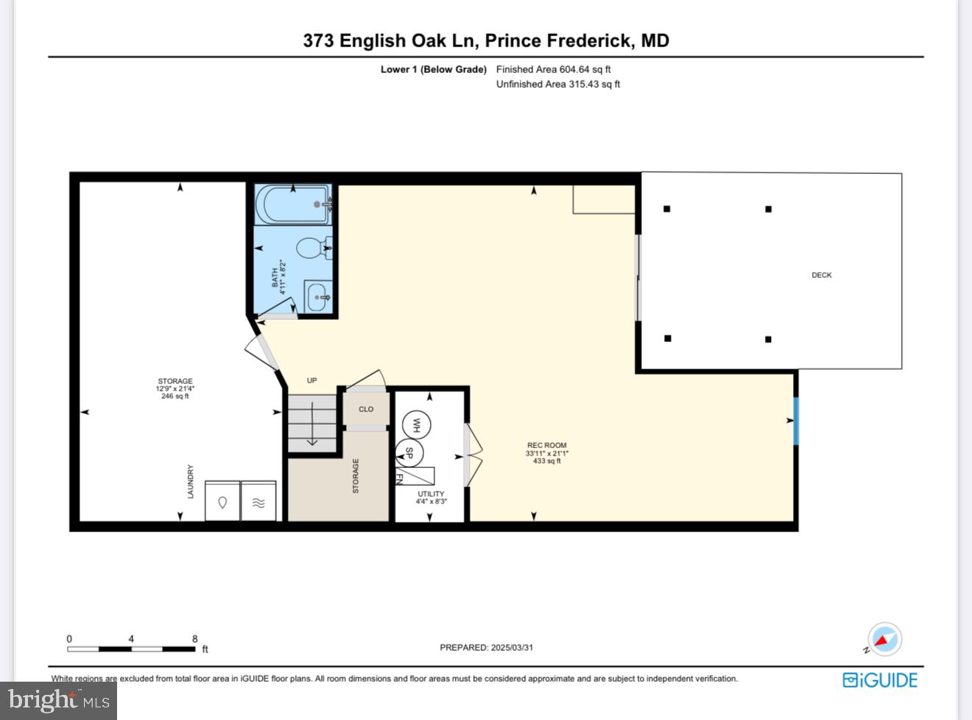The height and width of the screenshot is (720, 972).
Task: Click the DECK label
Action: [x=821, y=275]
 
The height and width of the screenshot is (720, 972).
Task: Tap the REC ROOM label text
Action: [x=546, y=445]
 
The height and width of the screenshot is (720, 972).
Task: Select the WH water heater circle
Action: [x=416, y=425]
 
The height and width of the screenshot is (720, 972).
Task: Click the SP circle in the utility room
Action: [x=409, y=453]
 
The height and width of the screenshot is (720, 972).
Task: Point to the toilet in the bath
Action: [x=313, y=248]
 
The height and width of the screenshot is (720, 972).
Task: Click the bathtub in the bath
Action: [x=292, y=204]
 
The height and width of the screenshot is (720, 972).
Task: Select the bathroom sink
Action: [x=318, y=298]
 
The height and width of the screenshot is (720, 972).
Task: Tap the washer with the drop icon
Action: [x=222, y=502]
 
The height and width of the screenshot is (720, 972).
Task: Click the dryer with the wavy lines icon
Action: [x=258, y=502]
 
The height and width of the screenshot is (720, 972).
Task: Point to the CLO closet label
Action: [x=366, y=409]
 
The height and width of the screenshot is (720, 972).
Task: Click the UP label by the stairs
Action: [x=311, y=380]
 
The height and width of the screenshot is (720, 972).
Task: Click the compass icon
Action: [x=884, y=640]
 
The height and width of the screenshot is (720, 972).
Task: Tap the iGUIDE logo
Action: [x=880, y=679]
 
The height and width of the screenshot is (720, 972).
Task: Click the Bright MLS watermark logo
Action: [x=59, y=700]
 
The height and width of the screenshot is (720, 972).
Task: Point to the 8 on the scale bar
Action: [x=195, y=639]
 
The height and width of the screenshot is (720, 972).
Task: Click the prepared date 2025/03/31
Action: [x=511, y=647]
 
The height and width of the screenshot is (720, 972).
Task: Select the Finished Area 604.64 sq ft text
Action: [x=553, y=69]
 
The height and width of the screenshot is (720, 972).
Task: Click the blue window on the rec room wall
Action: [x=795, y=421]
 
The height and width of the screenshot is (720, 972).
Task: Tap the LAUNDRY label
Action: [x=191, y=481]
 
